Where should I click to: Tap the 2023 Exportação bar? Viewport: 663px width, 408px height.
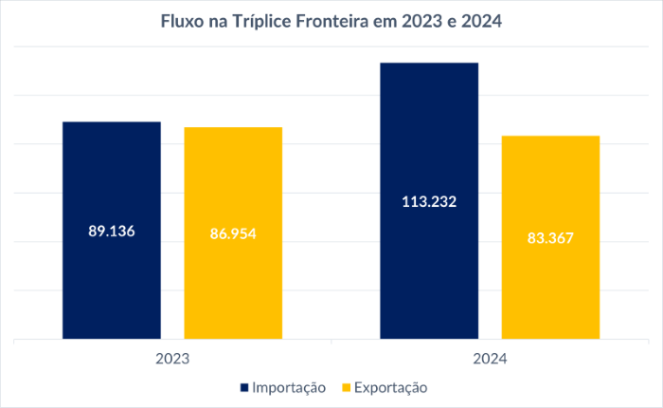pyautogui.click(x=233, y=285)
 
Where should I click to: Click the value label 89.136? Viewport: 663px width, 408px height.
pyautogui.click(x=112, y=231)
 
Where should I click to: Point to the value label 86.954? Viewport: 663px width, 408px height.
pyautogui.click(x=233, y=233)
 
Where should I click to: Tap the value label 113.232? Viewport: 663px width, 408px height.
pyautogui.click(x=429, y=201)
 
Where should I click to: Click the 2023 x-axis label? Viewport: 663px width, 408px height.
pyautogui.click(x=172, y=360)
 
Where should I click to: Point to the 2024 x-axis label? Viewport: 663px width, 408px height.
pyautogui.click(x=490, y=360)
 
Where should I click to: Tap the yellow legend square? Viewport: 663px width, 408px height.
pyautogui.click(x=346, y=388)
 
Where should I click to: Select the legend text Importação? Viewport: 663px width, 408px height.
pyautogui.click(x=289, y=388)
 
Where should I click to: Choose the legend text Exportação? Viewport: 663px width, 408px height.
pyautogui.click(x=391, y=388)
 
